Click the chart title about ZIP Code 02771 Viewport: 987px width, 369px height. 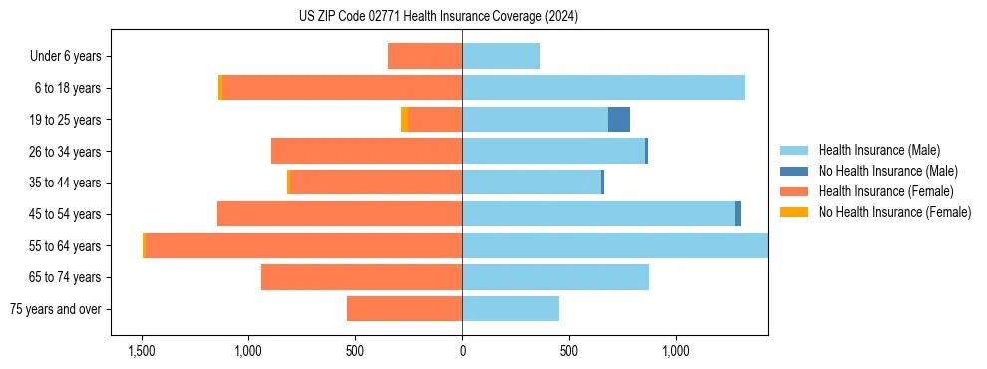pyautogui.click(x=438, y=17)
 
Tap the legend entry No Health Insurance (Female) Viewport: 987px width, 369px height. pyautogui.click(x=894, y=212)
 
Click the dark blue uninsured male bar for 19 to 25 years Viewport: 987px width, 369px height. pyautogui.click(x=619, y=119)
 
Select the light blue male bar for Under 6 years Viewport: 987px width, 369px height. pyautogui.click(x=500, y=56)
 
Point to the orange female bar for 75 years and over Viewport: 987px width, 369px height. pyautogui.click(x=404, y=309)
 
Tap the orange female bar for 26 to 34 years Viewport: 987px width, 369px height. pyautogui.click(x=366, y=151)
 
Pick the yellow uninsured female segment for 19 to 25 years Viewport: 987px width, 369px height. pyautogui.click(x=404, y=119)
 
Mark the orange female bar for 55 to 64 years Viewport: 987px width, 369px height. pyautogui.click(x=303, y=245)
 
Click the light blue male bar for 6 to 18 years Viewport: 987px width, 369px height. pyautogui.click(x=603, y=88)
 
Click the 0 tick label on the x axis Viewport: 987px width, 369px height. pyautogui.click(x=462, y=351)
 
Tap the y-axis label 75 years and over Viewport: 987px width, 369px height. pyautogui.click(x=56, y=309)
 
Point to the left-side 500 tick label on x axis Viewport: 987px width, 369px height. pyautogui.click(x=354, y=351)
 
